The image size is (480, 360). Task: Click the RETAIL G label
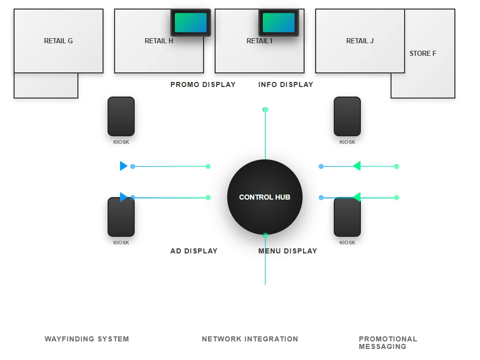click(58, 41)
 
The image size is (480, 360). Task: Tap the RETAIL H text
click(159, 41)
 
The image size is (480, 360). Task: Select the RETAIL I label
click(259, 41)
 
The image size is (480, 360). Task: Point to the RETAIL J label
click(360, 41)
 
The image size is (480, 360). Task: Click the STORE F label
click(423, 54)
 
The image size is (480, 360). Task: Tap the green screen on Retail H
click(190, 23)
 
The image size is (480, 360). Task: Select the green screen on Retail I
click(278, 23)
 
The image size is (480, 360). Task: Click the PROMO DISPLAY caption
click(203, 84)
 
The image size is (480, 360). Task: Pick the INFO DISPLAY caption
click(285, 84)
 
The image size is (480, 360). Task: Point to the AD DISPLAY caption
click(194, 251)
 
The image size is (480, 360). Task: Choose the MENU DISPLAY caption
click(287, 251)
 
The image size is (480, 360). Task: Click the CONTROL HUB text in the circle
click(265, 197)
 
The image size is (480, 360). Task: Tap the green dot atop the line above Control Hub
click(265, 110)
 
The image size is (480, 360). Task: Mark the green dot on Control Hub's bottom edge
click(265, 235)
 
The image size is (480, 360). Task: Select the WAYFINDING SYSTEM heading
click(87, 339)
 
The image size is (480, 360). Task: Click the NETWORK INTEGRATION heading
click(250, 339)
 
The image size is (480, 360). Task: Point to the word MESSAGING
click(382, 346)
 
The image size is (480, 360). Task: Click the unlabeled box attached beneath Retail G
click(46, 85)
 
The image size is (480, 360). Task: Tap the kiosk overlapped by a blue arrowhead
click(121, 218)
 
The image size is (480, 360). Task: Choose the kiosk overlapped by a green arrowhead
click(347, 218)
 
